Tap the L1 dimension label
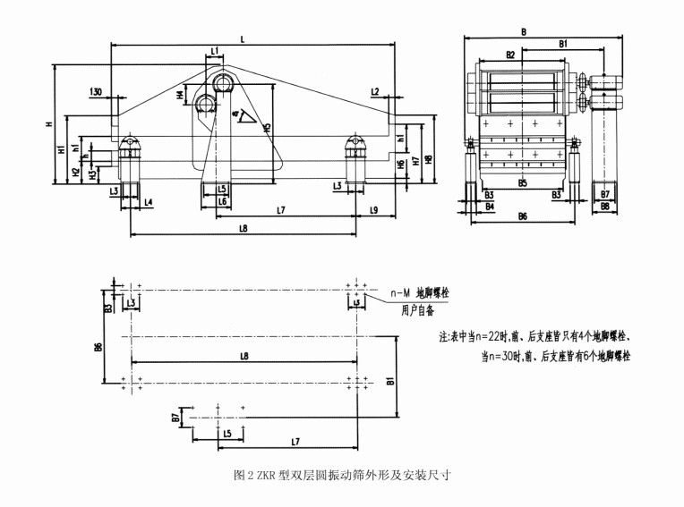tap(215, 51)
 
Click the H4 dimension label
tap(180, 94)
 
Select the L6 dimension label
tap(220, 202)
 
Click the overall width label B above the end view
tap(523, 32)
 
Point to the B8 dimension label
tap(605, 206)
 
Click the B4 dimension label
tap(489, 206)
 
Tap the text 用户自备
tap(417, 309)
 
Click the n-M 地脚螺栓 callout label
tap(419, 293)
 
